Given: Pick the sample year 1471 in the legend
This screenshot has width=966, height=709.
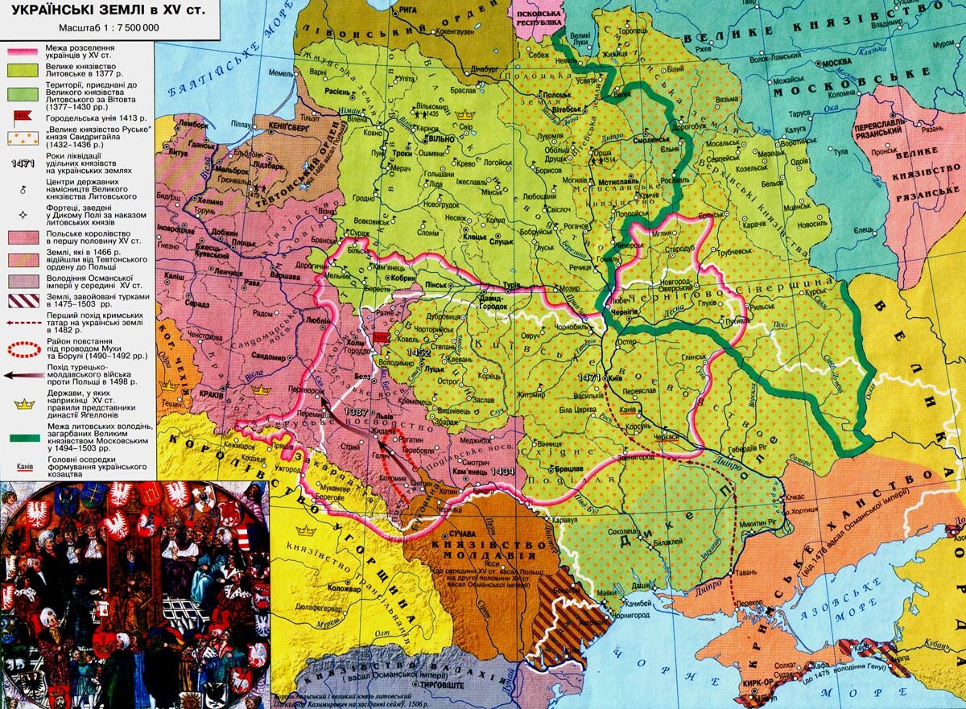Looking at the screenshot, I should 22,163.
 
